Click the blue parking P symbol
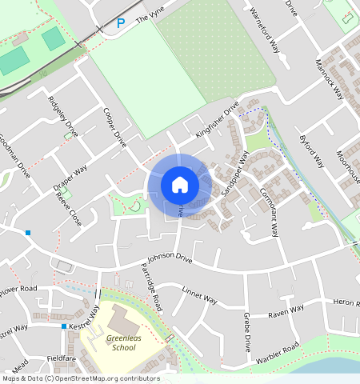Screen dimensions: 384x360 pos(121,24)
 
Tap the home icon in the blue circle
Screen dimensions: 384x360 pos(180,185)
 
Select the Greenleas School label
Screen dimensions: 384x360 pos(122,343)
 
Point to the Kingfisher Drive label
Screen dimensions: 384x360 pos(217,119)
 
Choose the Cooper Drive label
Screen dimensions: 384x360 pos(116,127)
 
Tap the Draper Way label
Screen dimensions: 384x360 pos(70,178)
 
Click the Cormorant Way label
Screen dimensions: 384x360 pos(269,212)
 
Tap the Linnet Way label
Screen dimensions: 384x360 pos(199,295)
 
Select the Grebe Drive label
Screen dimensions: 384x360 pos(247,332)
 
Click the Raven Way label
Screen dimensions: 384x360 pos(286,311)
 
